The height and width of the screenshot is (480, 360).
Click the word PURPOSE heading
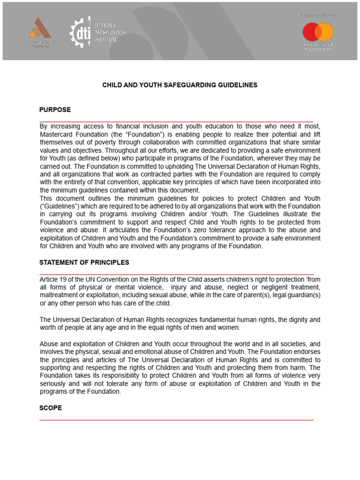click(x=55, y=110)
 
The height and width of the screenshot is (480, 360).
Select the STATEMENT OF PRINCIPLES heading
click(x=84, y=262)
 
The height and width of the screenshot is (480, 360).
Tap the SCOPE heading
click(x=50, y=408)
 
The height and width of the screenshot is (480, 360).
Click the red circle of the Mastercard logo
click(x=311, y=32)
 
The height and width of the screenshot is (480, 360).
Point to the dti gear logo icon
click(x=80, y=32)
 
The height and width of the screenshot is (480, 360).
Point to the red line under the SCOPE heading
click(x=176, y=420)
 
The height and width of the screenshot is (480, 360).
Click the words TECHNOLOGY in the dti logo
click(x=111, y=32)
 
